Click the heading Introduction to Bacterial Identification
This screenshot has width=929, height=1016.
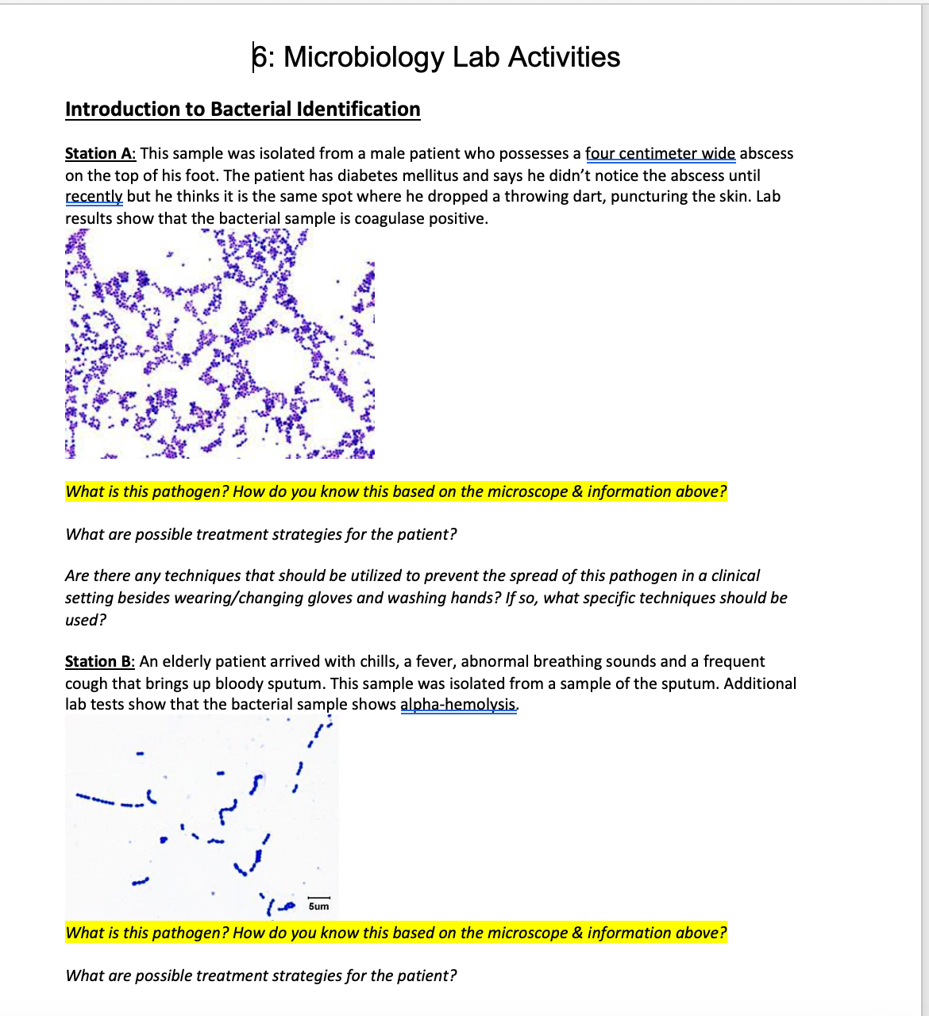tap(242, 109)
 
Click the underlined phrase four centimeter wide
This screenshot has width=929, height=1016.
tap(660, 153)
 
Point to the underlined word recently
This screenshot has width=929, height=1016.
tap(93, 196)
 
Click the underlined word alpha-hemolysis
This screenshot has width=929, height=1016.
tap(458, 704)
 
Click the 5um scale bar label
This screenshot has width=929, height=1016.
tap(318, 906)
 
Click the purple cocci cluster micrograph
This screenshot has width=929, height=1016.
tap(219, 344)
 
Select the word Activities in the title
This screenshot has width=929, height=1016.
tap(564, 57)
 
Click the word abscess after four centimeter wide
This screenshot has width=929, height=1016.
tap(766, 153)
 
